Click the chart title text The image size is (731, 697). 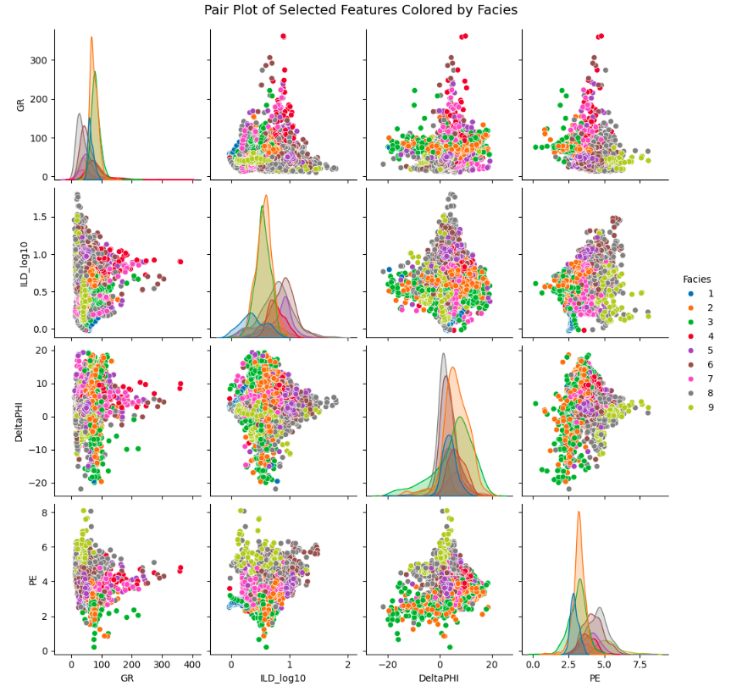(360, 10)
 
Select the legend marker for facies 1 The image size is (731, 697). (689, 293)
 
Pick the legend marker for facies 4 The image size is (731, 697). (689, 337)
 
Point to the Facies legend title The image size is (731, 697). (696, 279)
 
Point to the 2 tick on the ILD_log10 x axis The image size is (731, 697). (348, 666)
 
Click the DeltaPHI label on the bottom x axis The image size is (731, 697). (440, 679)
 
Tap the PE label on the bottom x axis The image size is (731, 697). (595, 679)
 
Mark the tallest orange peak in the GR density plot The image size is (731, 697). (91, 37)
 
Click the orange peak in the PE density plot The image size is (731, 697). (579, 512)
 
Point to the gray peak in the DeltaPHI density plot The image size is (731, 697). (442, 354)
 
